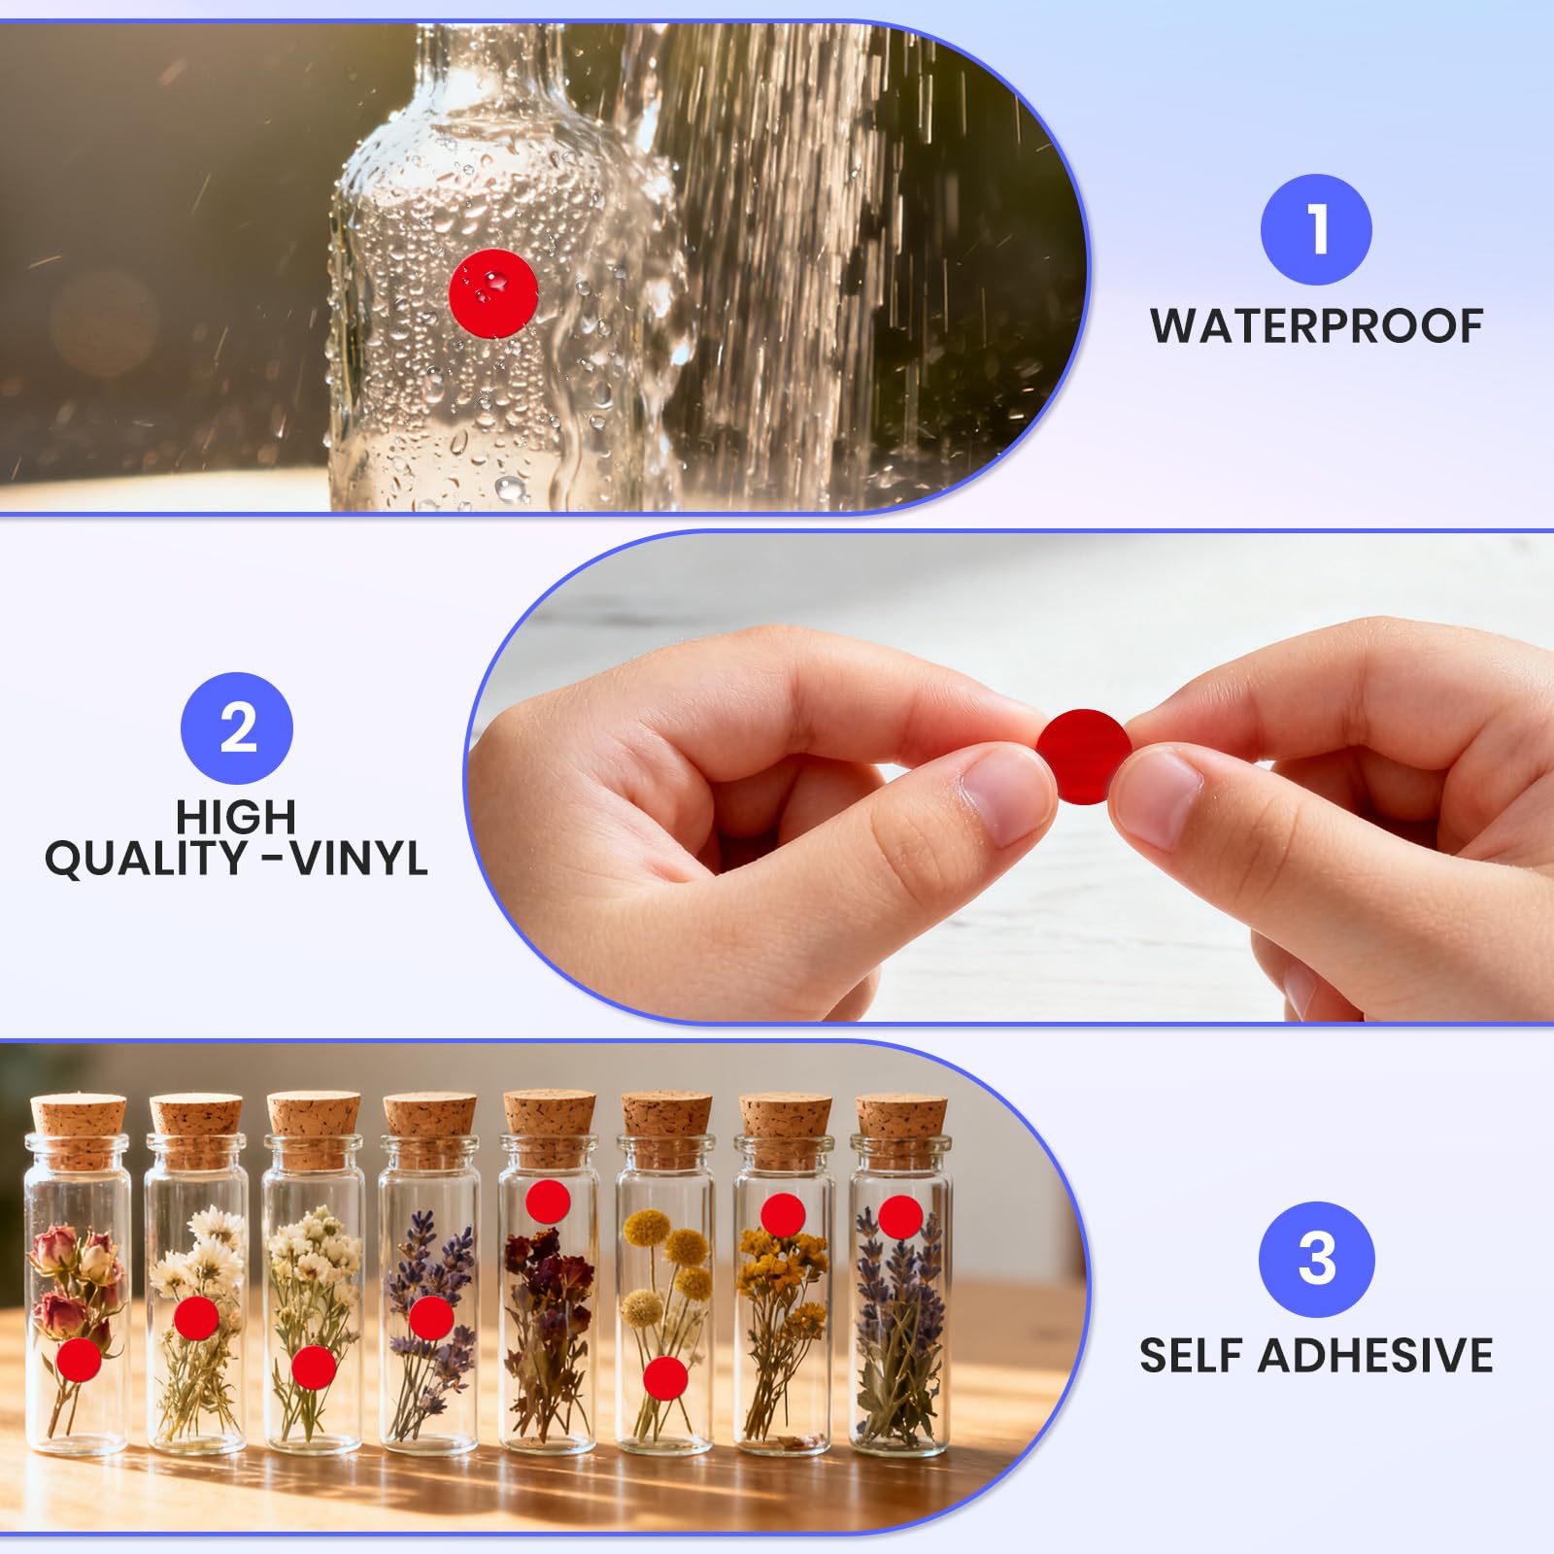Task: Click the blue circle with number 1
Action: click(1316, 230)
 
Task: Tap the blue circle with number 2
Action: click(238, 728)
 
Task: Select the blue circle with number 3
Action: click(1316, 1259)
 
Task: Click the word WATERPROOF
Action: click(1317, 326)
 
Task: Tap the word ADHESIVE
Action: click(1376, 1355)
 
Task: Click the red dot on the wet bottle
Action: click(493, 292)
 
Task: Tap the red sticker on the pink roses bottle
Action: click(79, 1360)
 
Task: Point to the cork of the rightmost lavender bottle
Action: click(899, 1130)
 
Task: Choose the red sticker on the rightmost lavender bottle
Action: click(900, 1217)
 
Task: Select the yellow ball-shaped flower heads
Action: click(665, 1263)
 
